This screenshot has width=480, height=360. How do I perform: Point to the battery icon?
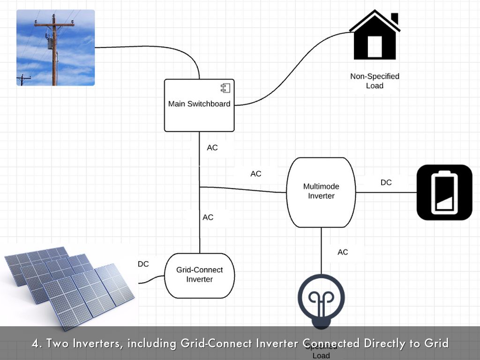[x=444, y=192]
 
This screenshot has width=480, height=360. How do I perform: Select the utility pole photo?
[x=55, y=48]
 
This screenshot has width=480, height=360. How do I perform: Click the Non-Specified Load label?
[x=375, y=81]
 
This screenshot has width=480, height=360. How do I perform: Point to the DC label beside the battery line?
[x=386, y=182]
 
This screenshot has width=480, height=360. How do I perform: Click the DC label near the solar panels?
[x=143, y=264]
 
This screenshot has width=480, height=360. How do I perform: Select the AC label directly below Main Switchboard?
[x=212, y=148]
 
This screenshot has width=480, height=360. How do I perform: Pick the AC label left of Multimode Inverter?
[x=255, y=174]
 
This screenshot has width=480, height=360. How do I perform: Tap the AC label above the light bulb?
[x=343, y=252]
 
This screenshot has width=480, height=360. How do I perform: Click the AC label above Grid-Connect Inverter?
[x=208, y=217]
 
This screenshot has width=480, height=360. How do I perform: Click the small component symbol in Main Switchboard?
[x=225, y=88]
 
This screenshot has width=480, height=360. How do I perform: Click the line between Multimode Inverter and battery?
[x=386, y=192]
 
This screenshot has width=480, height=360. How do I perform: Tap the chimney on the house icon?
[x=394, y=18]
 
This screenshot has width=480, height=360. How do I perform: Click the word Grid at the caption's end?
[x=437, y=344]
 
